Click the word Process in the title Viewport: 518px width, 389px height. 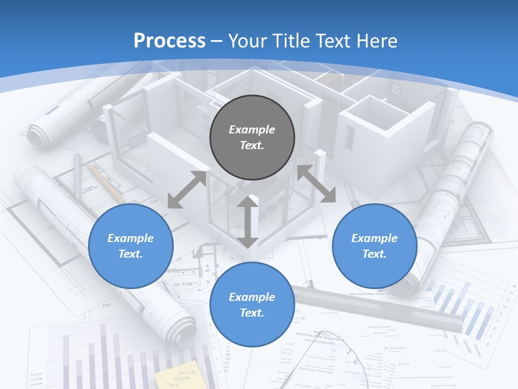169,41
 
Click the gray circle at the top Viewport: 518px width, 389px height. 252,137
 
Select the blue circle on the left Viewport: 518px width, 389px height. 131,246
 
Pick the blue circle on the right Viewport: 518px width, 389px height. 374,246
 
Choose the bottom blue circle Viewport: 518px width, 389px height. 252,305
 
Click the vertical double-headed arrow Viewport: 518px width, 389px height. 248,222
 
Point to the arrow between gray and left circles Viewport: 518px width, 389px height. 187,190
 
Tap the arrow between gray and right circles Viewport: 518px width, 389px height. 316,184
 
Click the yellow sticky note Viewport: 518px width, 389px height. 176,375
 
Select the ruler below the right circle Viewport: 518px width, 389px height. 378,308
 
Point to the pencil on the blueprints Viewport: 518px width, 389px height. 106,184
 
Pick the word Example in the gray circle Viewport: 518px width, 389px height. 252,130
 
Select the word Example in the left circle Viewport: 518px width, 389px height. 131,238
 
